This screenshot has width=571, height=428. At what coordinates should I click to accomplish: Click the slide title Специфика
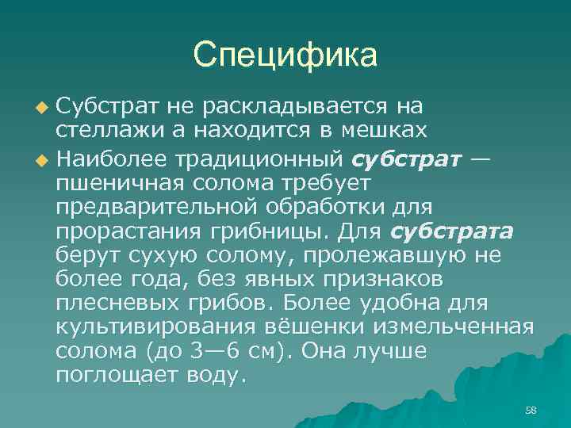point(285,55)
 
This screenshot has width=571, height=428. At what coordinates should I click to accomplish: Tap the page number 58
point(531,410)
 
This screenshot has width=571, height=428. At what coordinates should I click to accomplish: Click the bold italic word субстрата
point(452,231)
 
